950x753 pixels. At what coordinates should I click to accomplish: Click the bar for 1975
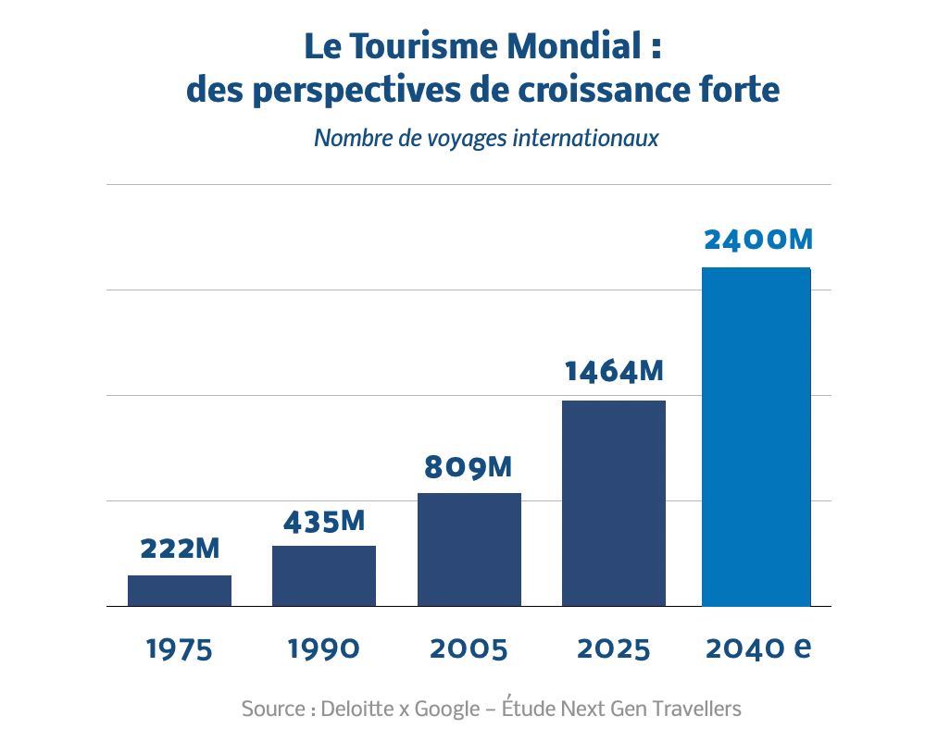click(180, 590)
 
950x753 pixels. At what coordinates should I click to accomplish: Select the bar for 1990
click(324, 575)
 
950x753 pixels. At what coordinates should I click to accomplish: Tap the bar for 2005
click(469, 549)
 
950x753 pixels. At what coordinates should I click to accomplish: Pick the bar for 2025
click(614, 503)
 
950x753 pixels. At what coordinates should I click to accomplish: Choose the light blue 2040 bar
click(756, 437)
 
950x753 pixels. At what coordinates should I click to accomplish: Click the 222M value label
click(180, 549)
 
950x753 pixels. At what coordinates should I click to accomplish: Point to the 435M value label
click(324, 522)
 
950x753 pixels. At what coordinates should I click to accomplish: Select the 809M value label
click(469, 467)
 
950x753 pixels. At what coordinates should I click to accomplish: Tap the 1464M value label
click(615, 372)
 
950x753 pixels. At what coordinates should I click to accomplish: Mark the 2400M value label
click(757, 240)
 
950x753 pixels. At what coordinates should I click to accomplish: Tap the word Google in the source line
click(446, 710)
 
